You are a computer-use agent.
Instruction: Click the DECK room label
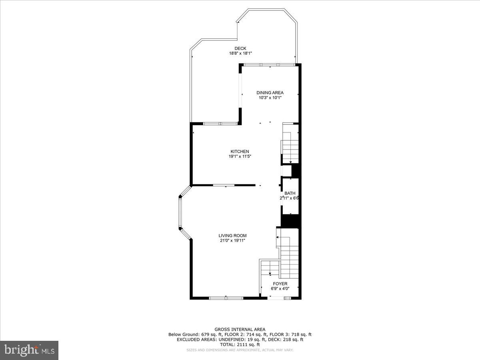coord(240,48)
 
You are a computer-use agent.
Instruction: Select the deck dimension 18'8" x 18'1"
coord(240,53)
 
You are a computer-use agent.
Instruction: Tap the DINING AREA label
coord(270,93)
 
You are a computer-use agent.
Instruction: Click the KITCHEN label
coord(240,152)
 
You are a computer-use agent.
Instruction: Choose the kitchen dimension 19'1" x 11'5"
coord(240,156)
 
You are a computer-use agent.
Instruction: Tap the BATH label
coord(290,193)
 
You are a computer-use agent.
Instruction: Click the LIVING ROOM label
coord(232,236)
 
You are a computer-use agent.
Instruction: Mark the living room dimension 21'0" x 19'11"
coord(232,240)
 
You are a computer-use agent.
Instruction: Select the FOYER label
coord(280,284)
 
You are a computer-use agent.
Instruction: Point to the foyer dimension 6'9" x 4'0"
coord(280,288)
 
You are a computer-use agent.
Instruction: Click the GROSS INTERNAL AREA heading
coord(240,329)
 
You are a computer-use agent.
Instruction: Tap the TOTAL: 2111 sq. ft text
coord(240,344)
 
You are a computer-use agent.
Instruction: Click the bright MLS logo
coord(29,350)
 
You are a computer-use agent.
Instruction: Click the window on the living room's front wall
coord(226,298)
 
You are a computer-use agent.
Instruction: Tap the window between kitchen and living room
coord(224,185)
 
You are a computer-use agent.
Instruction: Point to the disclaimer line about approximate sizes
coord(240,350)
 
